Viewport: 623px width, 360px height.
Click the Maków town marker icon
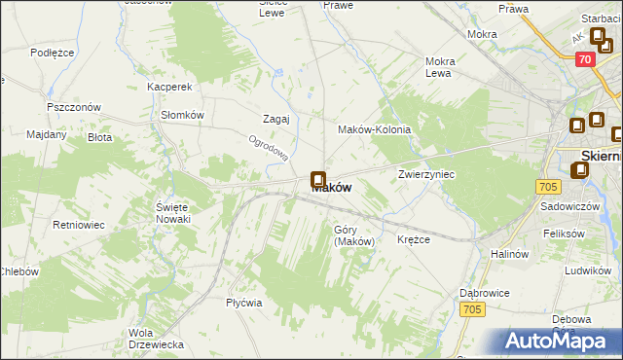pyautogui.click(x=317, y=180)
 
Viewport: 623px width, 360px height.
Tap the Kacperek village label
pyautogui.click(x=167, y=87)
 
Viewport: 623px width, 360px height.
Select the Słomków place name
pyautogui.click(x=182, y=114)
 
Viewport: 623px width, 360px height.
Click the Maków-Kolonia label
pyautogui.click(x=374, y=129)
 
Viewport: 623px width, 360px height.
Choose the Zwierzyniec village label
pyautogui.click(x=426, y=174)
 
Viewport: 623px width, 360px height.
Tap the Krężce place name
pyautogui.click(x=414, y=239)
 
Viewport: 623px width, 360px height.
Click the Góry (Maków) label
pyautogui.click(x=354, y=235)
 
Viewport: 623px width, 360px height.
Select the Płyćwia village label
pyautogui.click(x=244, y=302)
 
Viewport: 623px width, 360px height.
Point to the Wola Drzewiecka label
pyautogui.click(x=156, y=339)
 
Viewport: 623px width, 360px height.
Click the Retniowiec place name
pyautogui.click(x=79, y=225)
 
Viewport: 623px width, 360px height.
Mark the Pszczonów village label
pyautogui.click(x=73, y=106)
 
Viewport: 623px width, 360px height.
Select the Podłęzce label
pyautogui.click(x=53, y=53)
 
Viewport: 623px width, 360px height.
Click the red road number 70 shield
pyautogui.click(x=584, y=59)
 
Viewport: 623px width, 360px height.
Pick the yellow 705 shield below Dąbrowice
pyautogui.click(x=473, y=309)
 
